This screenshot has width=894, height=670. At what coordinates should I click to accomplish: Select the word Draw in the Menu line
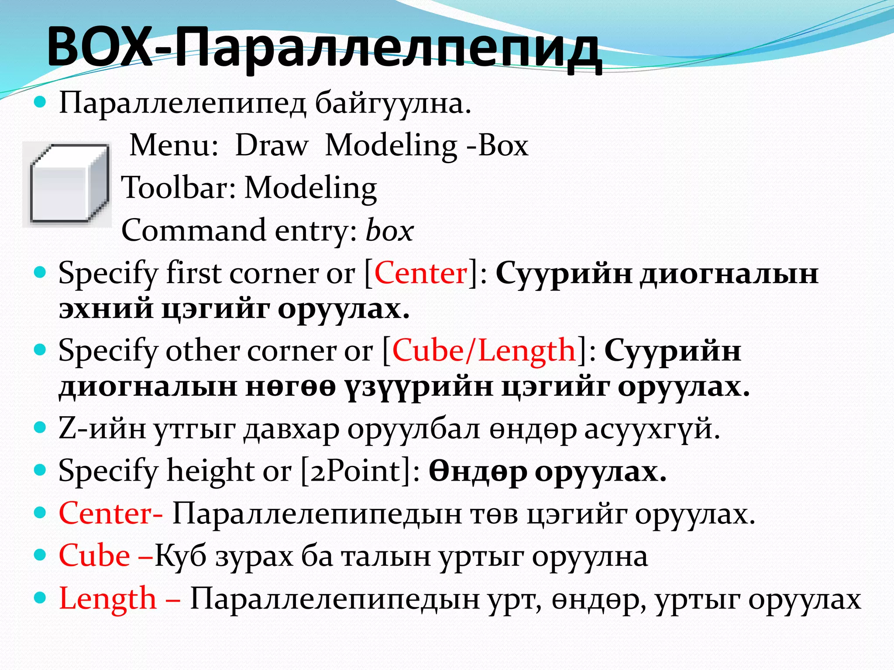coord(272,145)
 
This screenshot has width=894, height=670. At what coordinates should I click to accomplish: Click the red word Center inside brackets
coord(421,273)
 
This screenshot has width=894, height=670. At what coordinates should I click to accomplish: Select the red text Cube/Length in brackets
coord(484,351)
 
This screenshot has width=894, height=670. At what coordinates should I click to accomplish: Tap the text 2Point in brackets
coord(355,471)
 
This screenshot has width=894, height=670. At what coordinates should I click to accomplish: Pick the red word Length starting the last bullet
coord(107,598)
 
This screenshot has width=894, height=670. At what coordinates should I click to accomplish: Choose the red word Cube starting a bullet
coord(94,556)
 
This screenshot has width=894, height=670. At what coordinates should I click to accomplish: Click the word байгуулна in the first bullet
coord(393,104)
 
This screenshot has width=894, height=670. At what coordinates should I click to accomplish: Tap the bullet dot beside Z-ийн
coord(40,427)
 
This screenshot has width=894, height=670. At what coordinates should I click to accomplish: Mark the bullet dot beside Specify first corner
coord(40,273)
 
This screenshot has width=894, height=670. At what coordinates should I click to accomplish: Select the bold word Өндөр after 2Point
coord(478,471)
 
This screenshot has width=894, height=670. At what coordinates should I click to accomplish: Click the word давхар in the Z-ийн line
coord(291,429)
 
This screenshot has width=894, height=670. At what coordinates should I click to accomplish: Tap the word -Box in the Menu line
coord(497,145)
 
